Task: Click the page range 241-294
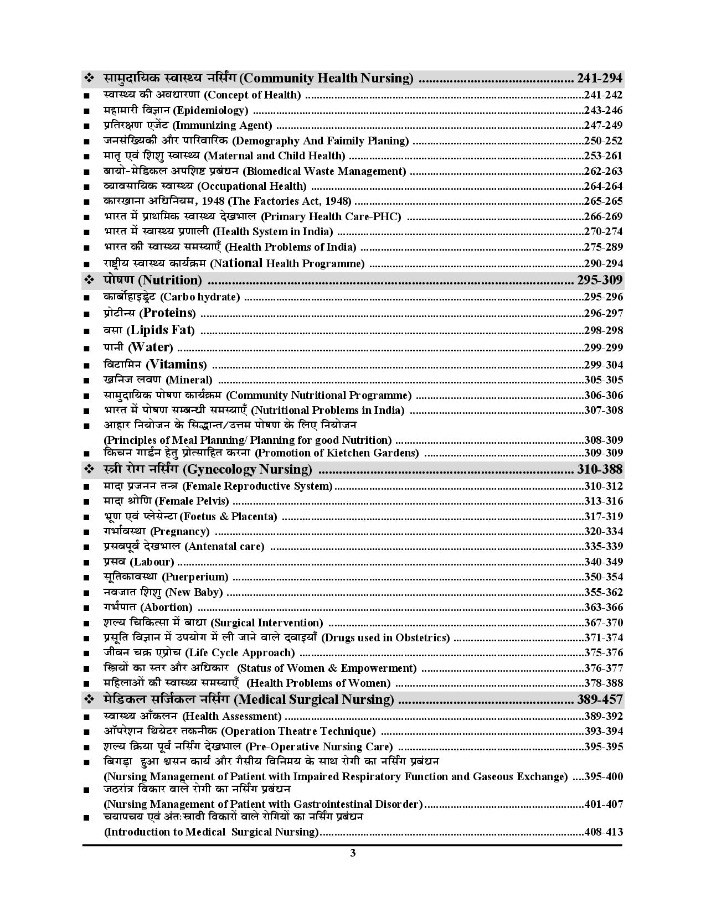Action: pyautogui.click(x=600, y=78)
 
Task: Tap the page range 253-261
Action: pyautogui.click(x=604, y=156)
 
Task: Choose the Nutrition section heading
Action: pyautogui.click(x=153, y=280)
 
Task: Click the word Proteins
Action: pyautogui.click(x=168, y=313)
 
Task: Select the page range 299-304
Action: pyautogui.click(x=604, y=365)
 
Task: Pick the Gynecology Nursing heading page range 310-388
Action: pyautogui.click(x=600, y=470)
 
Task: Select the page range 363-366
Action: pyautogui.click(x=604, y=608)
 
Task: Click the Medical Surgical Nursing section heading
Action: pyautogui.click(x=249, y=700)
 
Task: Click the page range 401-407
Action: pyautogui.click(x=604, y=804)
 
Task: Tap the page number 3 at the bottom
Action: pyautogui.click(x=353, y=853)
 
